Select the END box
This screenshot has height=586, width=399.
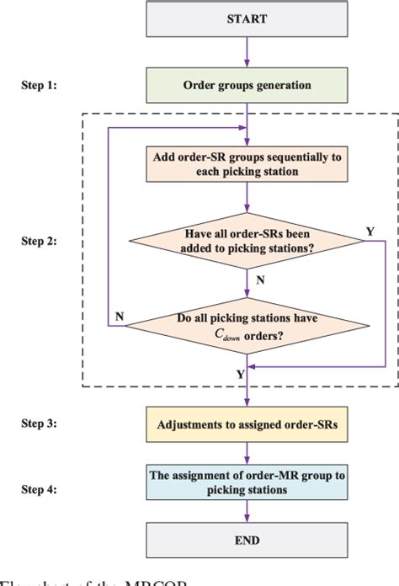click(246, 539)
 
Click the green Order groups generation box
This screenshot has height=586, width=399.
click(246, 84)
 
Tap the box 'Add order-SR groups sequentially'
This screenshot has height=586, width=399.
click(246, 163)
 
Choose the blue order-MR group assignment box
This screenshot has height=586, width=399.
click(246, 481)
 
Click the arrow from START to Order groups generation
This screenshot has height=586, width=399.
click(246, 52)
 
